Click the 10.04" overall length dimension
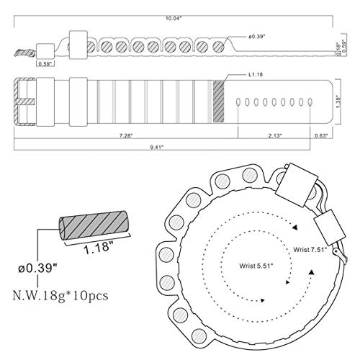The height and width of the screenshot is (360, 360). (174, 19)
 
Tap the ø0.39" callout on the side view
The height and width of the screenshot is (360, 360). (256, 37)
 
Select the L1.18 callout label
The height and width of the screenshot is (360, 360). (256, 74)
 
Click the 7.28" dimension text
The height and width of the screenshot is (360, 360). (126, 135)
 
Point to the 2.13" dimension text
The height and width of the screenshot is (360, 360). (275, 135)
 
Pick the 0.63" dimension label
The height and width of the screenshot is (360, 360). (321, 135)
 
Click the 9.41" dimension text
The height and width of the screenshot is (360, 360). (157, 147)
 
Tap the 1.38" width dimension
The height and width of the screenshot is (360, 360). (338, 102)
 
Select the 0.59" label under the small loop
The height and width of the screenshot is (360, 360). (45, 64)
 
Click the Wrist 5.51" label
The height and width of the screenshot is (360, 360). (256, 266)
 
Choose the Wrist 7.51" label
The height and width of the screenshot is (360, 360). (310, 249)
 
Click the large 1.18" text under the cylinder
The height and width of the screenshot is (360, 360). (99, 247)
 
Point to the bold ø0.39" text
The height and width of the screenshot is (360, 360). (39, 268)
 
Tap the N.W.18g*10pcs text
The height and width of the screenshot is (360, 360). (60, 295)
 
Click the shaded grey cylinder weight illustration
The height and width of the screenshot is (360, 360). (93, 225)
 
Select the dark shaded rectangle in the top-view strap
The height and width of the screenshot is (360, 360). (218, 102)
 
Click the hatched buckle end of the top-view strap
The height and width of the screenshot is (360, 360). (24, 102)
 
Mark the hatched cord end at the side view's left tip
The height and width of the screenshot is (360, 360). (24, 53)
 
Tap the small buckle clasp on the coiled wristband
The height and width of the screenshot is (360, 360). (338, 254)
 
